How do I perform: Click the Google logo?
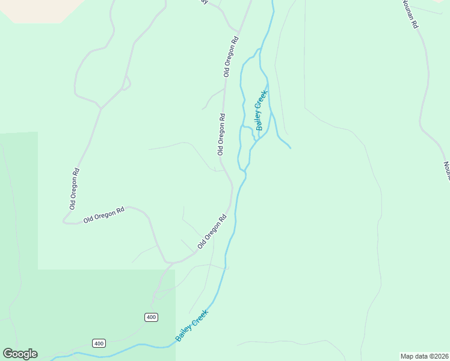pos(20,354)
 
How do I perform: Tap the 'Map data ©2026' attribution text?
pos(425,356)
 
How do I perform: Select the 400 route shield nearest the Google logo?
pos(99,343)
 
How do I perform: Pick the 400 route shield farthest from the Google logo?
pos(151,317)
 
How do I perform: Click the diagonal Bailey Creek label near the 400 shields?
pos(191,326)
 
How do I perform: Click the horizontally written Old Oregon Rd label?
pos(103,214)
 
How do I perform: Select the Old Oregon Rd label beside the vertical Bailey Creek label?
pos(221,134)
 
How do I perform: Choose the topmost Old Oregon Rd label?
pos(231,57)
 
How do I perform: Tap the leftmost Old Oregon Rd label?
pos(74,188)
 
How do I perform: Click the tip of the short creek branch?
pos(291,147)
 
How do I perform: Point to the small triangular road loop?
pos(126,83)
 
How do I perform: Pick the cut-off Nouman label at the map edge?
pos(446,170)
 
